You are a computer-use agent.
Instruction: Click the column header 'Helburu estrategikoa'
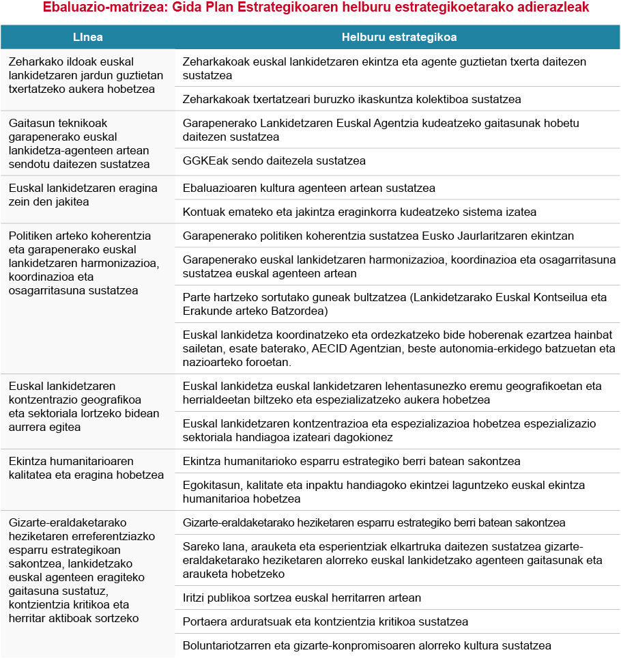[399, 37]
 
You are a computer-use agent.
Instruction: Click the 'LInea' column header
[88, 37]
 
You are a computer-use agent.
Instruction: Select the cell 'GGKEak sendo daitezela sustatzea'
[274, 160]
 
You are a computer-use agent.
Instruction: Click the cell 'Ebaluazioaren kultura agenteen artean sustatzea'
[308, 188]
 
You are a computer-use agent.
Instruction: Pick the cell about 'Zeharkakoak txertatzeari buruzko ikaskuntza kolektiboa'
[351, 99]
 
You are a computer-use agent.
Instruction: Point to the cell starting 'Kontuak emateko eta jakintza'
[359, 212]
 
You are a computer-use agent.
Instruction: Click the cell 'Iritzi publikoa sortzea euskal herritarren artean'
[302, 598]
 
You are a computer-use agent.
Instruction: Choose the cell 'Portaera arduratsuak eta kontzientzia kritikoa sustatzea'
[325, 621]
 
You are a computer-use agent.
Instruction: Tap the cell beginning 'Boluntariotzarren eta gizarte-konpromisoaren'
[366, 645]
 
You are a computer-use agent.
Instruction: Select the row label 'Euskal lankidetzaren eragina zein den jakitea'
[83, 195]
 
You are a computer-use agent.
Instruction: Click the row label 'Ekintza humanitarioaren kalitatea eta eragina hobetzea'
[86, 468]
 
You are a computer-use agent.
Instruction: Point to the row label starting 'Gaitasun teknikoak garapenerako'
[78, 143]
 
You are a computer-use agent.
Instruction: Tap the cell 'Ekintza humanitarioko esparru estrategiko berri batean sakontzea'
[351, 461]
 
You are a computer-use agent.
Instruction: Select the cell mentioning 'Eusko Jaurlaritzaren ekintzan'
[378, 236]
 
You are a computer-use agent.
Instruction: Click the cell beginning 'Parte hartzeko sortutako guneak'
[394, 304]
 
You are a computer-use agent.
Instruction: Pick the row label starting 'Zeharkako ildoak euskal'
[85, 75]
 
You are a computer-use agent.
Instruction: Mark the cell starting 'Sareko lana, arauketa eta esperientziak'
[392, 560]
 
